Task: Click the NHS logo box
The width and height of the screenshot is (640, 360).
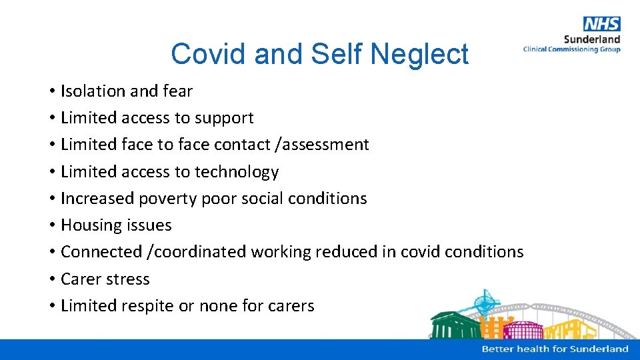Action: (x=601, y=25)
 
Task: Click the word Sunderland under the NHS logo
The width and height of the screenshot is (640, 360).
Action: (x=592, y=40)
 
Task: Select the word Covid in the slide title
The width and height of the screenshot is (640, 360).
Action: (x=208, y=54)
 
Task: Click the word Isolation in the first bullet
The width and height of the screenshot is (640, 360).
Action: (x=93, y=91)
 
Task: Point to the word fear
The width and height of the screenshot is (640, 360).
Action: (x=177, y=91)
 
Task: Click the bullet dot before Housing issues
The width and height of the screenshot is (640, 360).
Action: (x=51, y=226)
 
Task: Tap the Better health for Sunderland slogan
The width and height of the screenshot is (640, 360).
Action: (x=555, y=349)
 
